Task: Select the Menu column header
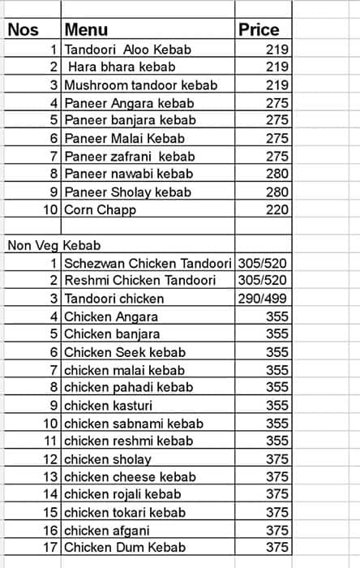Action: pos(86,30)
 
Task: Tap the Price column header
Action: pos(259,30)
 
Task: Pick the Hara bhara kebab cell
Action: pos(121,67)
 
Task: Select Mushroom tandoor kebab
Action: pos(130,84)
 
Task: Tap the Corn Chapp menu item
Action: pos(100,209)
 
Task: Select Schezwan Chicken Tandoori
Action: pos(147,263)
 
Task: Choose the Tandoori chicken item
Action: pos(114,299)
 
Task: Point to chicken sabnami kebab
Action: pos(133,423)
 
